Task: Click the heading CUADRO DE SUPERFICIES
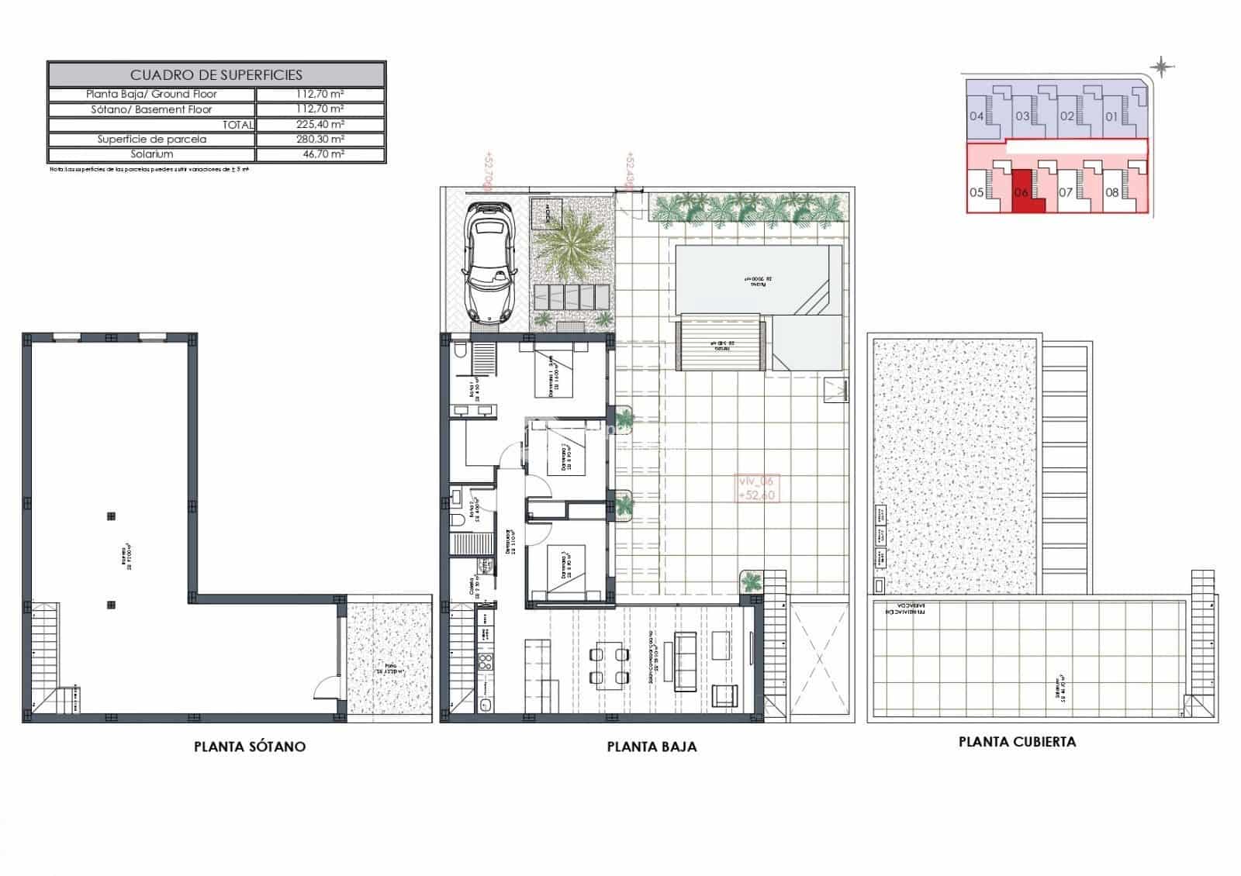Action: (x=216, y=75)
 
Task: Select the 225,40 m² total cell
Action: (x=320, y=124)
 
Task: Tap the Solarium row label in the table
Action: (x=152, y=154)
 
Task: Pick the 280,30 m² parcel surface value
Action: (x=320, y=140)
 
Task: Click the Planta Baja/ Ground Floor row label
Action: (x=152, y=94)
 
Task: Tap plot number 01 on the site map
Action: (x=1111, y=117)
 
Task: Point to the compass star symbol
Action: (x=1161, y=67)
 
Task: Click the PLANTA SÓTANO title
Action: (x=249, y=747)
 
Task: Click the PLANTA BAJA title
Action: (x=651, y=747)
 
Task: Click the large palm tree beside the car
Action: (x=572, y=246)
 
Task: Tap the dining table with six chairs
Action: (x=609, y=666)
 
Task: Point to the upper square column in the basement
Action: (x=111, y=516)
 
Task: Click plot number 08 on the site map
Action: (x=1111, y=191)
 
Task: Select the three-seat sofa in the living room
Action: (x=685, y=656)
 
